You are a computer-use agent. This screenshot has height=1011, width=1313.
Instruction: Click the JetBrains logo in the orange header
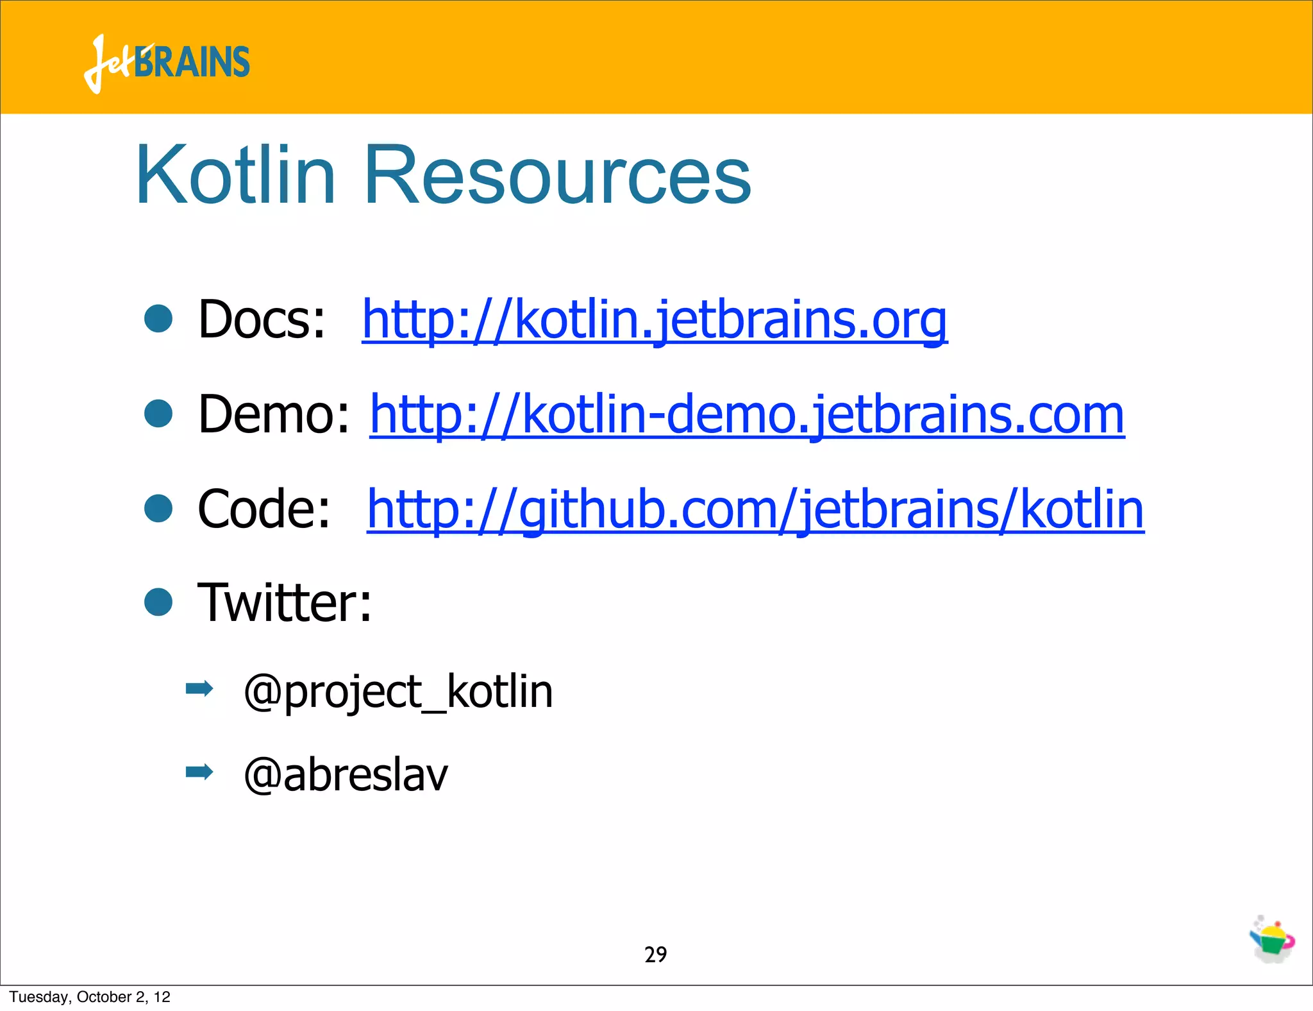pyautogui.click(x=167, y=63)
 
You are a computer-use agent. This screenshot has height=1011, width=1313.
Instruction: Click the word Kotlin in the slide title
pyautogui.click(x=236, y=175)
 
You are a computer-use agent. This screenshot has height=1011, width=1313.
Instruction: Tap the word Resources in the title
pyautogui.click(x=556, y=175)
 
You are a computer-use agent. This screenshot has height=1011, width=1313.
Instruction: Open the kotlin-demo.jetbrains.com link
pyautogui.click(x=747, y=414)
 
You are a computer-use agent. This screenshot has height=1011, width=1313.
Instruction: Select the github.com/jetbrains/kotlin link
pyautogui.click(x=755, y=509)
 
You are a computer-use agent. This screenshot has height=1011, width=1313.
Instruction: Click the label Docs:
pyautogui.click(x=262, y=319)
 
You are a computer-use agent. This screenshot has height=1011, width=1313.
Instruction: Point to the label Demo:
pyautogui.click(x=274, y=414)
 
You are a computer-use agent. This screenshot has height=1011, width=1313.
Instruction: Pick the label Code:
pyautogui.click(x=263, y=509)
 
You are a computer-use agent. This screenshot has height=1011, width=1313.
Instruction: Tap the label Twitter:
pyautogui.click(x=284, y=602)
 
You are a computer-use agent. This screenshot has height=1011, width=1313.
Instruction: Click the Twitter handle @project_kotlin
pyautogui.click(x=398, y=692)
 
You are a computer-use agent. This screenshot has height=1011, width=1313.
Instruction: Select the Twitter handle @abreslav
pyautogui.click(x=346, y=774)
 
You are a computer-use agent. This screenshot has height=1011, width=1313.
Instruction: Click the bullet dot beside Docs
pyautogui.click(x=158, y=319)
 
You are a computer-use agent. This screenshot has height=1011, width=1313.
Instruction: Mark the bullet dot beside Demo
pyautogui.click(x=158, y=414)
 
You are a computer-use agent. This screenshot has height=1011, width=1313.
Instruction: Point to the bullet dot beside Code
pyautogui.click(x=158, y=508)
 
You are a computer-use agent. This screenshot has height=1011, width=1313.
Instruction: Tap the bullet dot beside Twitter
pyautogui.click(x=158, y=602)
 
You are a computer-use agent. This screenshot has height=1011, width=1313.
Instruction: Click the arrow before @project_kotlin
pyautogui.click(x=199, y=689)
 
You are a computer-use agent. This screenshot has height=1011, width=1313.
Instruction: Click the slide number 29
pyautogui.click(x=655, y=955)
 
